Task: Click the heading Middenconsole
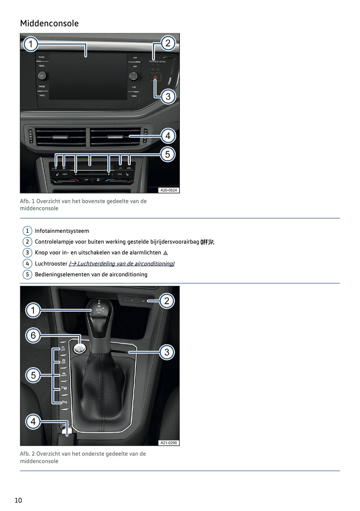49,23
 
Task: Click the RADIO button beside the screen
42,57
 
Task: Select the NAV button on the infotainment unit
135,58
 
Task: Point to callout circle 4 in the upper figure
168,136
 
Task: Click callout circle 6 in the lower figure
33,335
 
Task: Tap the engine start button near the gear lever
79,348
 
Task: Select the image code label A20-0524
169,190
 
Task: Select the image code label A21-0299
169,443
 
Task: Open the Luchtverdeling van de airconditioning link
122,264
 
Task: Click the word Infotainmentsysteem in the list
62,231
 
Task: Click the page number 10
18,500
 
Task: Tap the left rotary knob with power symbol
42,75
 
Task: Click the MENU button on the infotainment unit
134,96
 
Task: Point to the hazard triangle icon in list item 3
165,253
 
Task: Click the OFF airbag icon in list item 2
207,242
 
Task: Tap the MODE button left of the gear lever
64,374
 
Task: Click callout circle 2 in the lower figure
167,301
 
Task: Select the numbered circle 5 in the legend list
27,275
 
